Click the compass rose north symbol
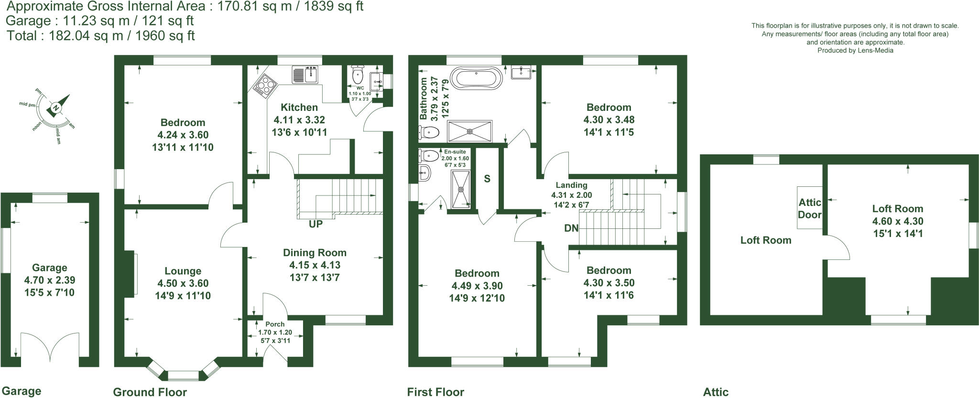click(x=57, y=108)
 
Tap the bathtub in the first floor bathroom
click(x=477, y=77)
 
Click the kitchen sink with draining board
click(x=305, y=75)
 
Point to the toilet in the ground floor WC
click(x=357, y=75)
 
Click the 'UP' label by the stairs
click(x=315, y=224)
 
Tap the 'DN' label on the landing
click(x=571, y=228)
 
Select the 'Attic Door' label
click(x=809, y=208)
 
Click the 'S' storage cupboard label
click(x=487, y=179)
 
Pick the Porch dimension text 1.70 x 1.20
click(x=275, y=333)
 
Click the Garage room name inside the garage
click(x=49, y=268)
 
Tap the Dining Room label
click(x=315, y=253)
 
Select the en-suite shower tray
click(x=461, y=189)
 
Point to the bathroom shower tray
click(x=469, y=130)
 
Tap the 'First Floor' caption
click(x=435, y=392)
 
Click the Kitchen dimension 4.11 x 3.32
click(x=299, y=120)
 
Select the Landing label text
click(x=571, y=185)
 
